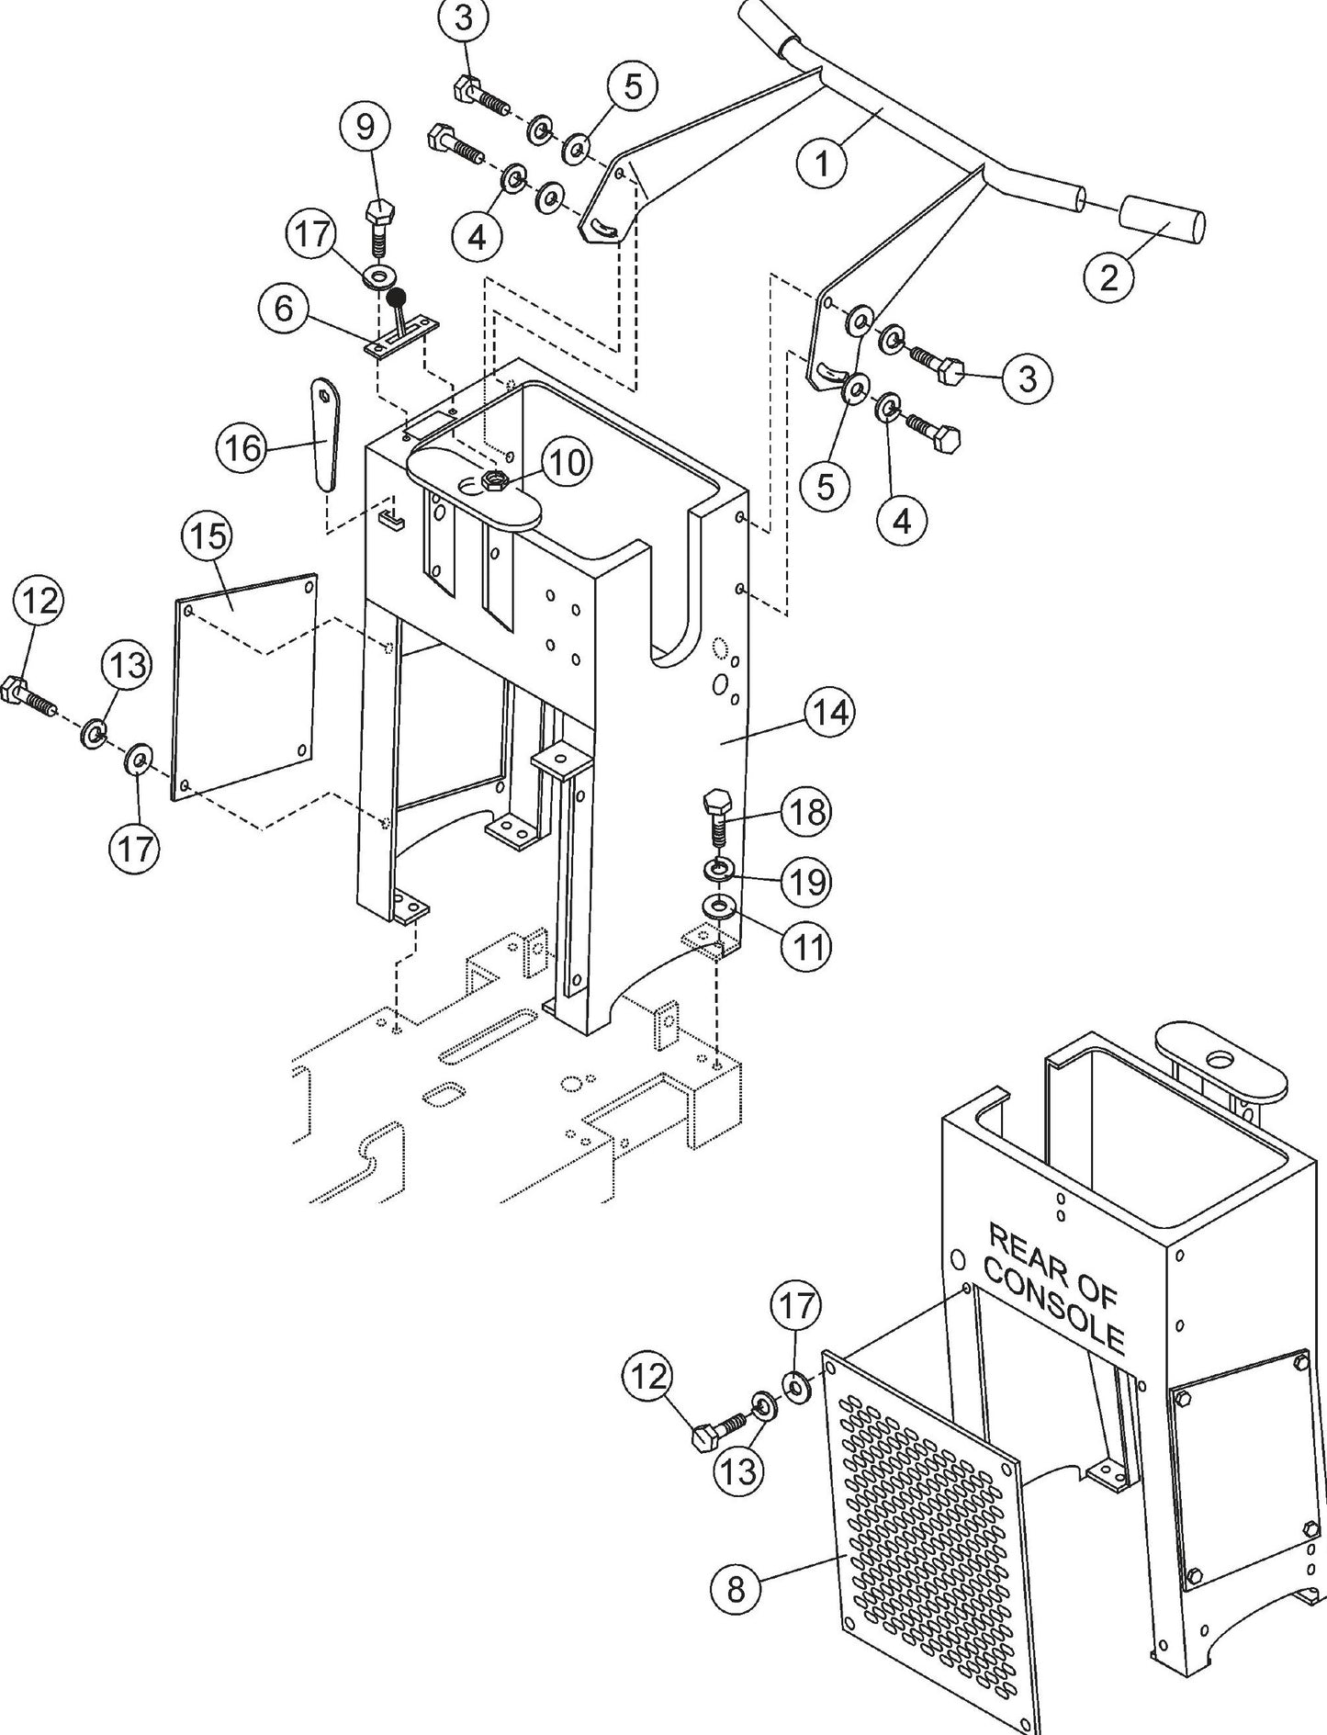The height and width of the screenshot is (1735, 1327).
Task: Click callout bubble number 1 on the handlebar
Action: [822, 163]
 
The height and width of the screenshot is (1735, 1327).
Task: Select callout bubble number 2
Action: [1109, 275]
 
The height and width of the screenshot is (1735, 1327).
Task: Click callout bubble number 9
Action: [365, 128]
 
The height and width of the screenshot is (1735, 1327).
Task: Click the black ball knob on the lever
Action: [397, 297]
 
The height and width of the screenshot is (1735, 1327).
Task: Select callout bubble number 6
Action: [284, 309]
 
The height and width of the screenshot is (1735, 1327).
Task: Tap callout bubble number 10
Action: [567, 463]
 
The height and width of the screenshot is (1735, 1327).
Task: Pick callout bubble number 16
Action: [242, 448]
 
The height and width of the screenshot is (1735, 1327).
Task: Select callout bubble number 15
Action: [208, 536]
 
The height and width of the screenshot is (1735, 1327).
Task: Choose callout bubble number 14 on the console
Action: [830, 712]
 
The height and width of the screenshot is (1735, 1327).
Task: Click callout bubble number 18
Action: [805, 812]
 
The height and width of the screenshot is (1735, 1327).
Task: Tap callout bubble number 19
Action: [805, 882]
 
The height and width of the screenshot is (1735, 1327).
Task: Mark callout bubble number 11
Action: [805, 946]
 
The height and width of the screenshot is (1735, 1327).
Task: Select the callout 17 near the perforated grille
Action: [796, 1305]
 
